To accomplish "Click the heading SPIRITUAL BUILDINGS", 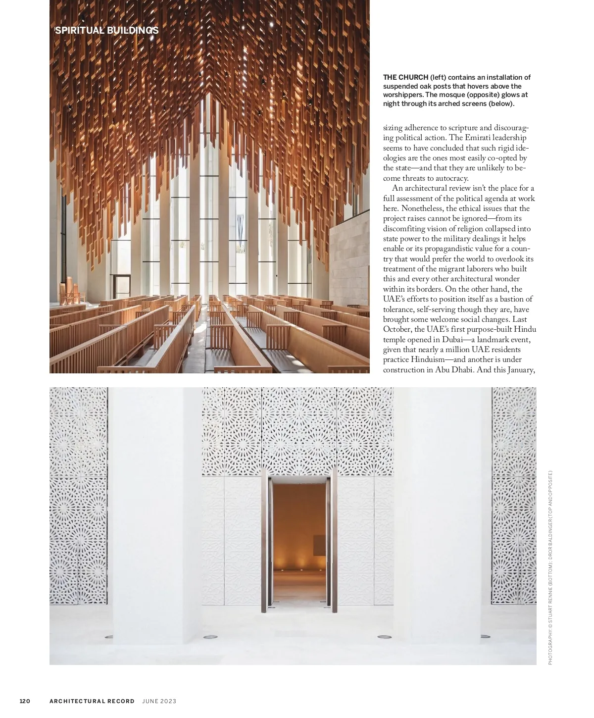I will click(x=107, y=31).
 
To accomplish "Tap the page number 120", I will click(x=25, y=701).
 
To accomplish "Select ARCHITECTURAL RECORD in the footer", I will click(x=92, y=701).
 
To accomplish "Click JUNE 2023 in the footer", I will click(x=159, y=701).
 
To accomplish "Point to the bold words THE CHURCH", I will click(x=405, y=77).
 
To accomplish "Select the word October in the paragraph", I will click(x=397, y=329).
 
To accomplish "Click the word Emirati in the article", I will click(x=465, y=138).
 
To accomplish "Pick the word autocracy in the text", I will click(x=451, y=178).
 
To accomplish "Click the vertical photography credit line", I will click(x=550, y=567).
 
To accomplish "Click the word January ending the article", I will click(x=521, y=370).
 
